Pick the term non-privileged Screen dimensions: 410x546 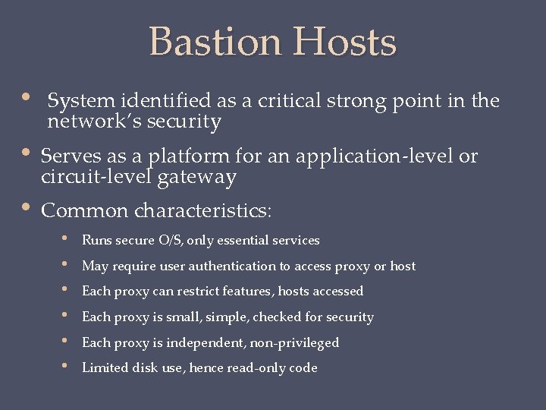click(x=295, y=343)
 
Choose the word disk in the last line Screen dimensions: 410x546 click(x=140, y=368)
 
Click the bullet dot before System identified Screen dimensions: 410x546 click(x=27, y=99)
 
